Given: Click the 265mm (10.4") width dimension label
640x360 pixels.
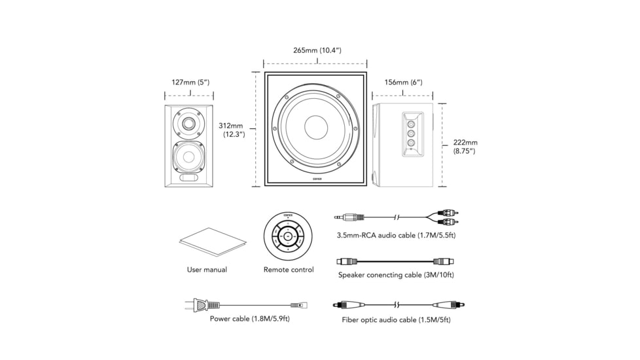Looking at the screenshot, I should (317, 50).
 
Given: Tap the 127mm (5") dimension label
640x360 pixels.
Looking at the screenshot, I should (190, 82).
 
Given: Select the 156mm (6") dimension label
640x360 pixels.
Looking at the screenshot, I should (402, 82).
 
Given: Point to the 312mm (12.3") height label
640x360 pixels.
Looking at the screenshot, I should (232, 130).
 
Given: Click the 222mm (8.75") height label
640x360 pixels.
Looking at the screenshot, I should (465, 147).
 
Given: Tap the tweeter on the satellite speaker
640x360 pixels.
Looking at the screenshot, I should (188, 122).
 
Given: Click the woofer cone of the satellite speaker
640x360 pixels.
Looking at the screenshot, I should (188, 157).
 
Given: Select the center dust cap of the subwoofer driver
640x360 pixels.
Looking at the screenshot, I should (315, 127).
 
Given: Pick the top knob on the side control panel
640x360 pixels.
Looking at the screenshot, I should (410, 123).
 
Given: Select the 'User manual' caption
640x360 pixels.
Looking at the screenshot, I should (207, 270).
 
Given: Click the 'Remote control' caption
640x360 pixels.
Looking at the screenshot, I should (289, 270).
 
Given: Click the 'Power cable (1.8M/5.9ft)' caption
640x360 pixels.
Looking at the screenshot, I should (249, 319).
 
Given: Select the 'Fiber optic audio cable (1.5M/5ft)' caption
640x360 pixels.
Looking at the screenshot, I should (396, 320).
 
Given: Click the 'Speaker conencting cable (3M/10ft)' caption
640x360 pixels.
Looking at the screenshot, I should (396, 275).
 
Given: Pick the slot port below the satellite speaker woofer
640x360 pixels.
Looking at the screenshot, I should (188, 177).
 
